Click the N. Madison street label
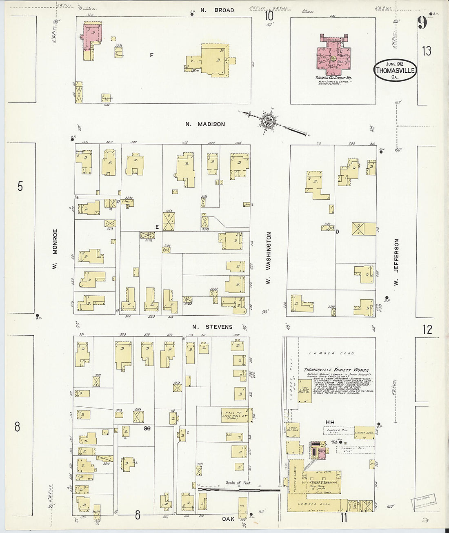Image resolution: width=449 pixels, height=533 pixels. coord(205,124)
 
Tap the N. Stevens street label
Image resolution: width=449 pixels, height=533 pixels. coord(212,327)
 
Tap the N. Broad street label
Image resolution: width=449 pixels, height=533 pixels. coord(218,10)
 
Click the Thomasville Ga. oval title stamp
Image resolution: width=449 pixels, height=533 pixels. coord(395,70)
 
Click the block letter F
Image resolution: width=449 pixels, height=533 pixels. coord(151,55)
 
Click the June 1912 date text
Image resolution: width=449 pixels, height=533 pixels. coord(395,64)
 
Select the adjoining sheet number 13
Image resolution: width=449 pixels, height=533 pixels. coord(427,51)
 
